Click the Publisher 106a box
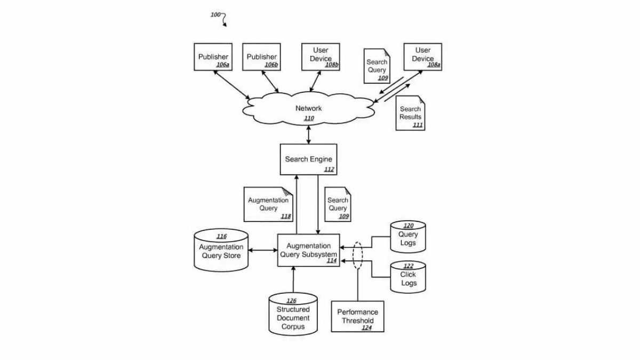coord(213,57)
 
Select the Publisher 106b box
coord(262,57)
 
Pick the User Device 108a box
coord(423,57)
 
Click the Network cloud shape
coord(308,109)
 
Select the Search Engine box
coord(308,159)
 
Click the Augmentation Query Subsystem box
coord(308,250)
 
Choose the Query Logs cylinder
coord(408,237)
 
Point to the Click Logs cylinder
coord(408,277)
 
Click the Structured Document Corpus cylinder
coord(293,314)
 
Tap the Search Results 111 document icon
coord(410,113)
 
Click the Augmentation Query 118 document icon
coord(268,204)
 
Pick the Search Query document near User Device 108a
coord(377,66)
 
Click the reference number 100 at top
coord(215,15)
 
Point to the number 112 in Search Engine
coord(329,170)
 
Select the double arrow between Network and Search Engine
coord(308,134)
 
